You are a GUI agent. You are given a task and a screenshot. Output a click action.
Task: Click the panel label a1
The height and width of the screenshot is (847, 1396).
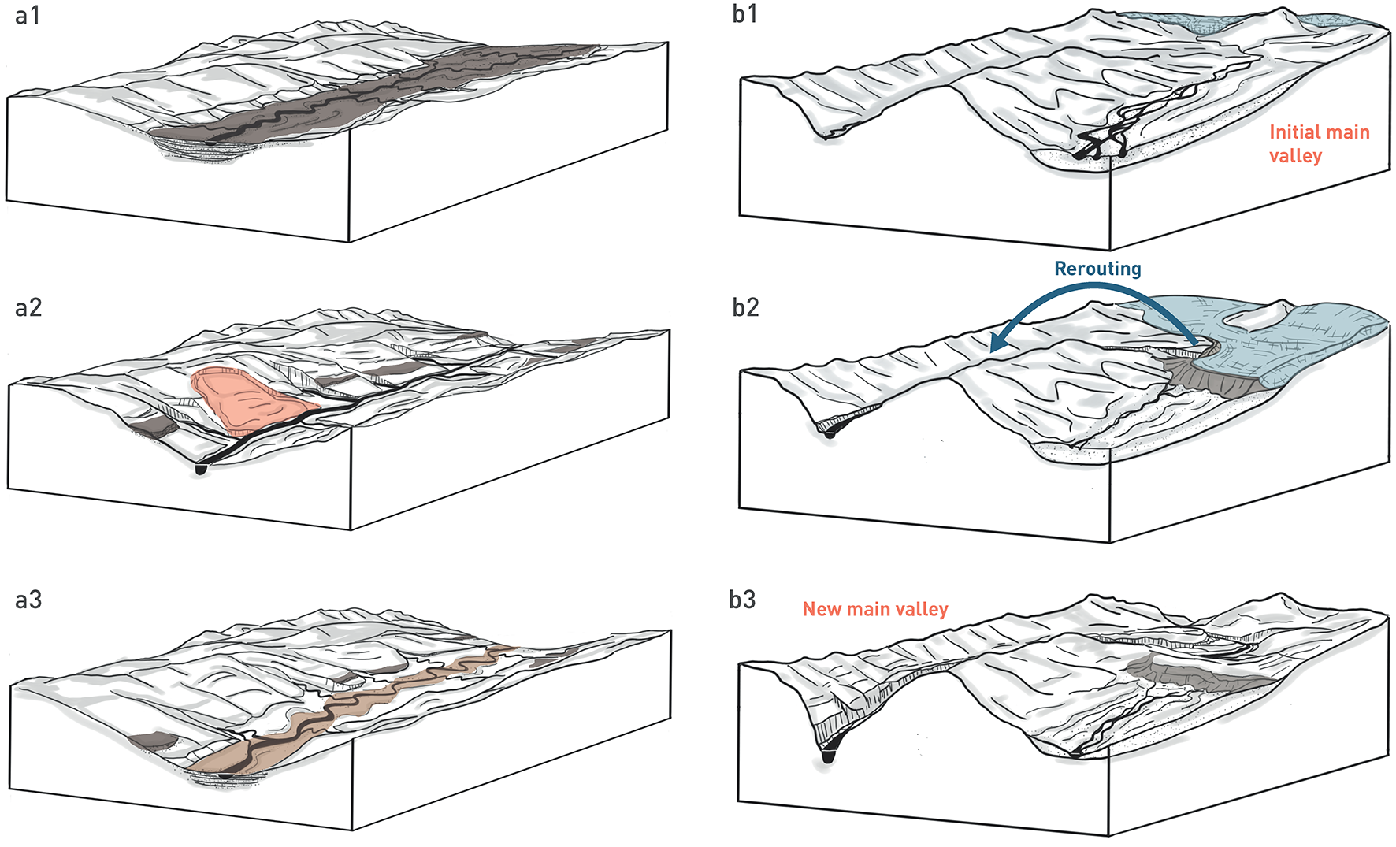(x=28, y=15)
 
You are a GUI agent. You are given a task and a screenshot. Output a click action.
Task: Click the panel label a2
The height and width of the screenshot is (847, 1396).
(x=28, y=307)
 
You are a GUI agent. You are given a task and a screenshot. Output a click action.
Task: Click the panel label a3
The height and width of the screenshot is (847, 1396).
(x=28, y=600)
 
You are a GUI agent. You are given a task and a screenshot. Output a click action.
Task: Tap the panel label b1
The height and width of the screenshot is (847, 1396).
(x=744, y=14)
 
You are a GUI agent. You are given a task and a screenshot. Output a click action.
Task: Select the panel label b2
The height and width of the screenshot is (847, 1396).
(x=745, y=307)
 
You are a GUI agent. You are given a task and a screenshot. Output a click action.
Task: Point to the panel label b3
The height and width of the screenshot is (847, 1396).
(x=742, y=600)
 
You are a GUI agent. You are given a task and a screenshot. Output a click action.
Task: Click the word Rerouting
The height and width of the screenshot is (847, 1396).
(x=1097, y=269)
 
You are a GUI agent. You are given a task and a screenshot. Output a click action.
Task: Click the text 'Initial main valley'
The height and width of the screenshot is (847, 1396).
(x=1319, y=143)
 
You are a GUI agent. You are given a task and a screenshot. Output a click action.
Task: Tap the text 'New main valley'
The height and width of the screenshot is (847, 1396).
(x=874, y=609)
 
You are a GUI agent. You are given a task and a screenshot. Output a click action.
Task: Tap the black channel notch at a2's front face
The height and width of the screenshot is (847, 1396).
(x=201, y=470)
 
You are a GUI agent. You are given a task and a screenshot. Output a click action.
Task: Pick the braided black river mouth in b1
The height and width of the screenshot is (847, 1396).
(x=1099, y=142)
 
